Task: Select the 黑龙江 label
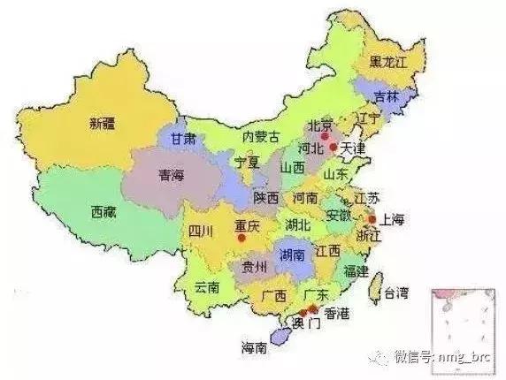pyautogui.click(x=390, y=61)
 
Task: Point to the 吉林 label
pyautogui.click(x=386, y=96)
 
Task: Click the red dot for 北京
pyautogui.click(x=326, y=137)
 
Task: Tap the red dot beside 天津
pyautogui.click(x=333, y=148)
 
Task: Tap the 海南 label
pyautogui.click(x=254, y=348)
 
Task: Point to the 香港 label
pyautogui.click(x=343, y=314)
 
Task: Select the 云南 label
pyautogui.click(x=207, y=285)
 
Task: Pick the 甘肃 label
pyautogui.click(x=183, y=139)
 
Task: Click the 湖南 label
pyautogui.click(x=293, y=255)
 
